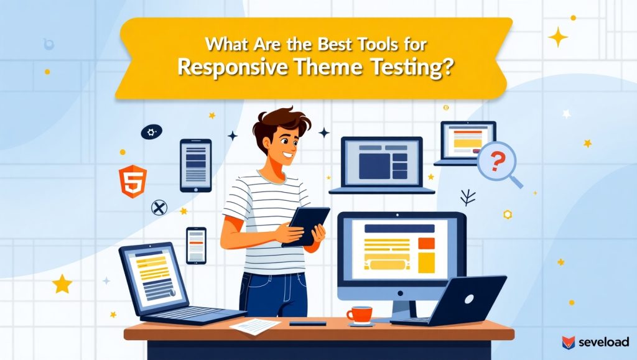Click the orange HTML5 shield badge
[133, 182]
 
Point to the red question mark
[496, 160]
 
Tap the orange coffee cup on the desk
[360, 315]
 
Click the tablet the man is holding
[305, 226]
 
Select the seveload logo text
[603, 342]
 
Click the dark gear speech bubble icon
[152, 132]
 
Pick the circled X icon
[159, 208]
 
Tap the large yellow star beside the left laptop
[62, 284]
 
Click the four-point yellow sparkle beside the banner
[558, 37]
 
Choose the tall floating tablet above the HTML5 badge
[196, 165]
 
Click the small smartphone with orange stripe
[196, 246]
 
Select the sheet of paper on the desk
[255, 326]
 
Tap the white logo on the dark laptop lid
[469, 300]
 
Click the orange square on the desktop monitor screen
[427, 243]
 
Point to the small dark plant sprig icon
[468, 198]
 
